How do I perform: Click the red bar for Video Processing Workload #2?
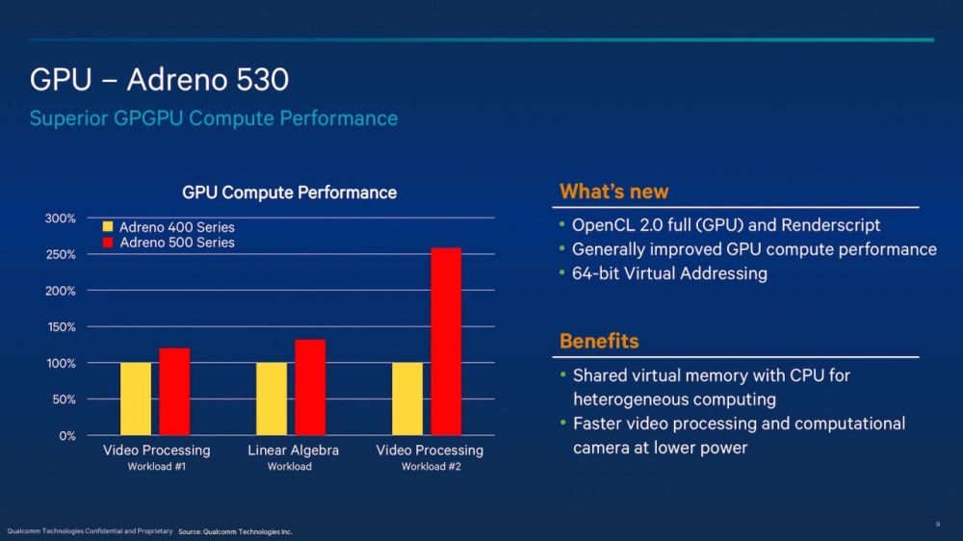click(x=446, y=342)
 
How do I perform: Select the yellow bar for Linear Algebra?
click(x=272, y=399)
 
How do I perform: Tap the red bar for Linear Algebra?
click(x=310, y=387)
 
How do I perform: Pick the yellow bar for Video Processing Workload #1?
click(x=136, y=399)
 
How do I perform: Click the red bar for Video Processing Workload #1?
click(x=174, y=392)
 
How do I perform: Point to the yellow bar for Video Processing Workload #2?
click(x=407, y=399)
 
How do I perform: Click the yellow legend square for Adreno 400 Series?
click(x=108, y=227)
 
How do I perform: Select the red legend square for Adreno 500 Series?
click(x=108, y=243)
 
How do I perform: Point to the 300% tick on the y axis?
click(x=61, y=219)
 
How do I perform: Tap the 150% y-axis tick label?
click(x=61, y=327)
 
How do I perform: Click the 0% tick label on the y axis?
click(x=66, y=435)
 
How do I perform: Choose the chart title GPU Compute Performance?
click(x=289, y=193)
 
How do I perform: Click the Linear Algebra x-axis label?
click(x=293, y=451)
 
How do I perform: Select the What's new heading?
click(x=613, y=192)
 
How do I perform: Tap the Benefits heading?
click(x=599, y=341)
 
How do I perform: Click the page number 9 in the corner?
click(x=937, y=524)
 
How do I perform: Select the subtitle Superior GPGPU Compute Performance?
click(x=213, y=118)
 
